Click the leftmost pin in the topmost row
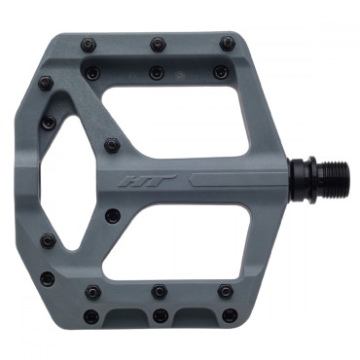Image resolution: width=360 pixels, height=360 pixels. pyautogui.click(x=88, y=45)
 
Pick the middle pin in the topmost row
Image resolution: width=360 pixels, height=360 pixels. pyautogui.click(x=158, y=44)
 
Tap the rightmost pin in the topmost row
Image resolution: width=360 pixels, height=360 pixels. pyautogui.click(x=227, y=44)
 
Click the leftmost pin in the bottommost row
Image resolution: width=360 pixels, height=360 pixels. pyautogui.click(x=90, y=316)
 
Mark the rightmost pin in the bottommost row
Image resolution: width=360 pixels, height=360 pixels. pyautogui.click(x=228, y=315)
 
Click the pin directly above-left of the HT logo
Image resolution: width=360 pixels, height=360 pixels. pyautogui.click(x=113, y=146)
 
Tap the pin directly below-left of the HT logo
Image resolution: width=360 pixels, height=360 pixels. pyautogui.click(x=113, y=215)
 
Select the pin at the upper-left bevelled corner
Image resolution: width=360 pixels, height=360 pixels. pyautogui.click(x=45, y=84)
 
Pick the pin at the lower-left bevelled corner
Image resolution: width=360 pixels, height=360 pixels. pyautogui.click(x=47, y=279)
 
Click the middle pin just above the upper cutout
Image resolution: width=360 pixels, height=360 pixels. pyautogui.click(x=156, y=72)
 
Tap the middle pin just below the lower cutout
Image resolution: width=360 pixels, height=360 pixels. pyautogui.click(x=159, y=291)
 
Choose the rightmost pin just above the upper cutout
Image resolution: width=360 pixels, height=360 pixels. pyautogui.click(x=221, y=71)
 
